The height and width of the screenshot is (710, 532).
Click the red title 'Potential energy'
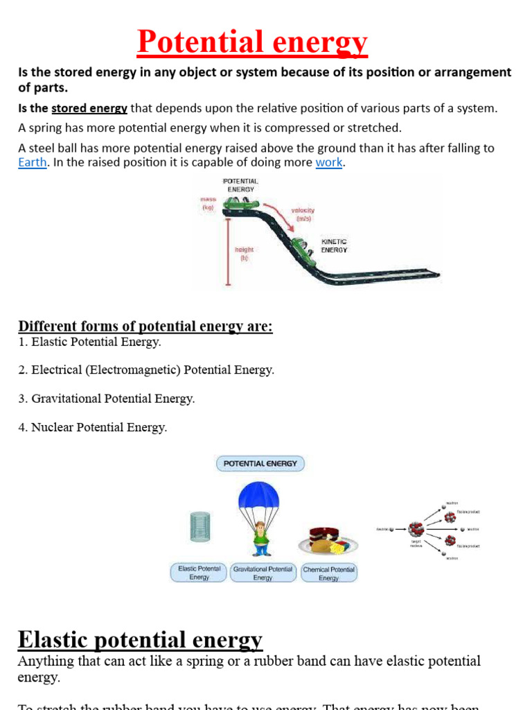pyautogui.click(x=252, y=42)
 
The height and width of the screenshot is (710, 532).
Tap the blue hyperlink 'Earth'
pyautogui.click(x=33, y=162)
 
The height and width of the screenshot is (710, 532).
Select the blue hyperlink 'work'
pyautogui.click(x=329, y=162)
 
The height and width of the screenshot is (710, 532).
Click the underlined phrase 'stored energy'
pyautogui.click(x=89, y=108)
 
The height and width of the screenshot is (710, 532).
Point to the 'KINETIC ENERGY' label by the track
pyautogui.click(x=334, y=245)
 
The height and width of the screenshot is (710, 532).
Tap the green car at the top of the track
pyautogui.click(x=241, y=204)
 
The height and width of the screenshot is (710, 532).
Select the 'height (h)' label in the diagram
pyautogui.click(x=244, y=253)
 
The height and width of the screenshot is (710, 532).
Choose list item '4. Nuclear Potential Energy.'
pyautogui.click(x=93, y=428)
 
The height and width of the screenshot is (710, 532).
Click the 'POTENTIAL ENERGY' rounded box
pyautogui.click(x=260, y=463)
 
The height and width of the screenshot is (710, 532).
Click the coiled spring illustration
pyautogui.click(x=199, y=526)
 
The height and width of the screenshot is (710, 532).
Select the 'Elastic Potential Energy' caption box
pyautogui.click(x=199, y=573)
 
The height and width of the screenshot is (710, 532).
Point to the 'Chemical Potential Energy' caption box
pyautogui.click(x=329, y=573)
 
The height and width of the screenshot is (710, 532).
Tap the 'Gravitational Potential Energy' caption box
pyautogui.click(x=263, y=573)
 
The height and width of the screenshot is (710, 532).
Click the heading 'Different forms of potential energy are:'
pyautogui.click(x=145, y=326)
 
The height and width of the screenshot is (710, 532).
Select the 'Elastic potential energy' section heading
pyautogui.click(x=140, y=639)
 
